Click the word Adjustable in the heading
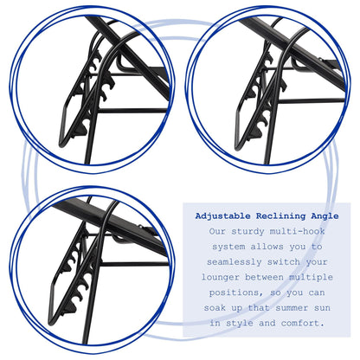[222, 216]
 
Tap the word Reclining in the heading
[280, 215]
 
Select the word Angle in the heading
[325, 216]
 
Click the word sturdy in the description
[247, 231]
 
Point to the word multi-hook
[297, 231]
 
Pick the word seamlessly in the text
[234, 262]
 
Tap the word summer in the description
[292, 308]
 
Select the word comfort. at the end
[303, 323]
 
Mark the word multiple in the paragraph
[311, 277]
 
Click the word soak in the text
[215, 308]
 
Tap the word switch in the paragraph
[283, 262]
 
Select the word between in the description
[264, 277]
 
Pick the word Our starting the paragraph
[217, 231]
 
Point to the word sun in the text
[322, 308]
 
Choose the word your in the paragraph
[317, 262]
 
